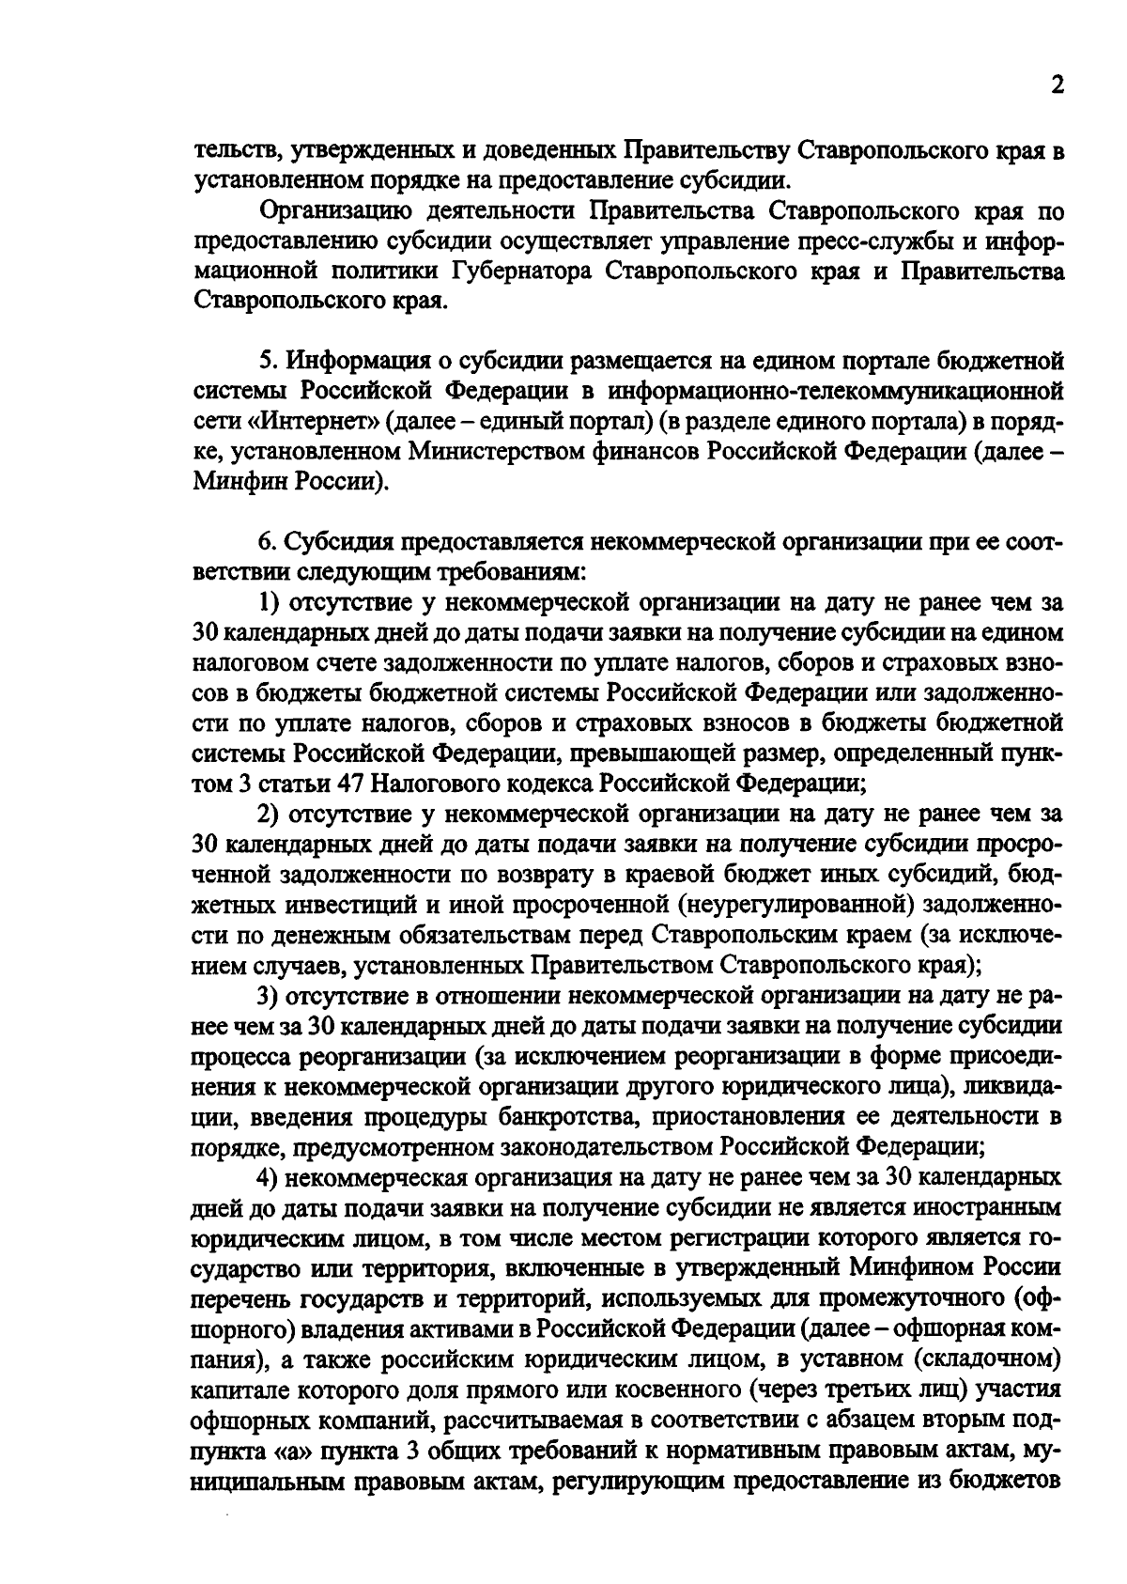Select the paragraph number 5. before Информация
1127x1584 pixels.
(267, 360)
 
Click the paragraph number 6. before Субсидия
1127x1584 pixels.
(267, 542)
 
